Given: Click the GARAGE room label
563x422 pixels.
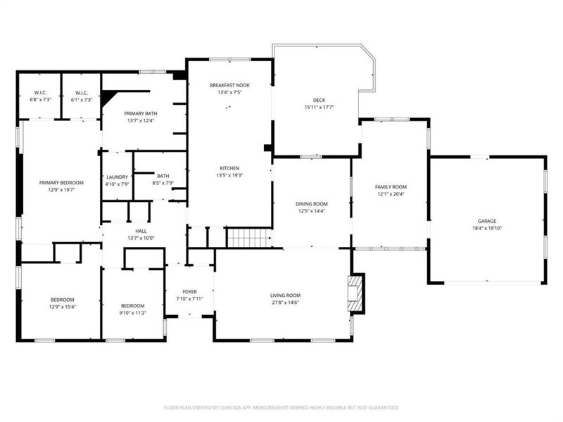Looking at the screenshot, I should point(486,222).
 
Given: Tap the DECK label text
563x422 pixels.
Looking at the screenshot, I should point(319,101).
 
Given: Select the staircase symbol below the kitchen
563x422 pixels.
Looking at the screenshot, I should point(248,238).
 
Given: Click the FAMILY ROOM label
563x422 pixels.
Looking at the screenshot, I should point(391,186).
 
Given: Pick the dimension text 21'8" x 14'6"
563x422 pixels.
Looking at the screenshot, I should point(285,302).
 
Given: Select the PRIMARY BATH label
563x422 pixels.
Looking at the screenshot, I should point(139,114).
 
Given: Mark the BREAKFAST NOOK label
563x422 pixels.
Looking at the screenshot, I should point(229,85).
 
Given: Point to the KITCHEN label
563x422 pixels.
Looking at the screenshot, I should point(229,169).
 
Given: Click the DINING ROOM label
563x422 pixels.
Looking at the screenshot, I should point(312,204).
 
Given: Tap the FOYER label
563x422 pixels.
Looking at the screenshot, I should point(189,292).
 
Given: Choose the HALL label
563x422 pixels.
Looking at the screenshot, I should point(141,231).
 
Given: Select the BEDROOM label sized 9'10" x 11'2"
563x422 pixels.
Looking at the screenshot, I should point(132,305).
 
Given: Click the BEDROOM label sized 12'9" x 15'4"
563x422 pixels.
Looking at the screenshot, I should point(62,300).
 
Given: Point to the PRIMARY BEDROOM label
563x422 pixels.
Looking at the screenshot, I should point(61,183).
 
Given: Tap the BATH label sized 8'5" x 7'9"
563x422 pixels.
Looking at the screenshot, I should point(163,177).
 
